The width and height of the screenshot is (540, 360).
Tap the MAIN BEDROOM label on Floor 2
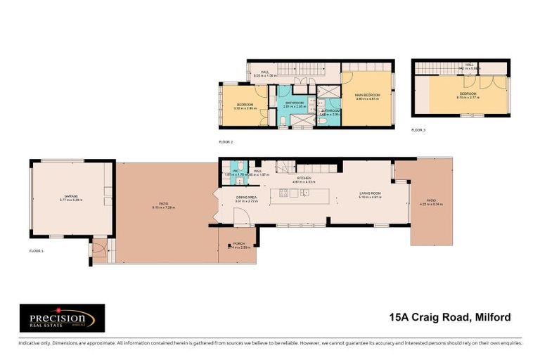tap(366, 96)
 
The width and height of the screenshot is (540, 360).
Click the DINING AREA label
tap(246, 199)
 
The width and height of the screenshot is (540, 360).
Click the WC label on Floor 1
tap(236, 171)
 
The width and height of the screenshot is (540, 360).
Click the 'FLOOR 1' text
tap(36, 250)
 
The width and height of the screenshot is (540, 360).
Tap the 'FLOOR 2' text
tap(226, 141)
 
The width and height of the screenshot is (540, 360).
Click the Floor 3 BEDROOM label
tap(468, 94)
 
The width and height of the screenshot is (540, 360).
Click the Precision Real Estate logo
tap(62, 318)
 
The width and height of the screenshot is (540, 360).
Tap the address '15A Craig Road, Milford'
tap(455, 318)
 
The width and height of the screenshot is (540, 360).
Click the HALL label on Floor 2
tap(265, 72)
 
